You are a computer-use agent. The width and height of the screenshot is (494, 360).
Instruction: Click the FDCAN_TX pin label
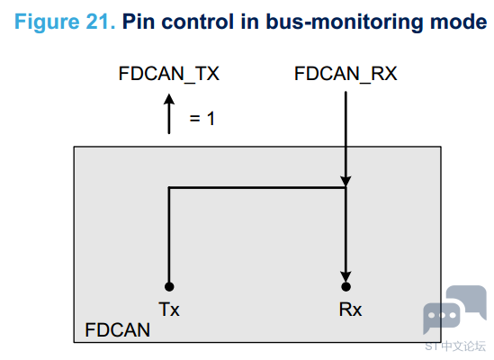click(168, 74)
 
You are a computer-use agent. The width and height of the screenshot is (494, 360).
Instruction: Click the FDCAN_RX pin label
click(346, 74)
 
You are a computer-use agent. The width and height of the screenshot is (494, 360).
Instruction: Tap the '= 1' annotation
click(202, 119)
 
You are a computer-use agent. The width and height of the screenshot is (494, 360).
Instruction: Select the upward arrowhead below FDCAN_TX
click(169, 99)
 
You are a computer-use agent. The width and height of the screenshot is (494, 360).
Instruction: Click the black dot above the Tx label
click(169, 286)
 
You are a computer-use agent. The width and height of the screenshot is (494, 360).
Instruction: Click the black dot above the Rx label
click(346, 286)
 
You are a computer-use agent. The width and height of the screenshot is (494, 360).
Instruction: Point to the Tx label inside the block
click(169, 310)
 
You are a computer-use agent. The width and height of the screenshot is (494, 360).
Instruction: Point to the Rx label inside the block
click(350, 310)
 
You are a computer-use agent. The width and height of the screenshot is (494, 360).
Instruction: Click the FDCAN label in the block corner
click(118, 330)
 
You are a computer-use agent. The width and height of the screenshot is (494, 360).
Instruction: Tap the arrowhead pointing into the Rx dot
click(346, 276)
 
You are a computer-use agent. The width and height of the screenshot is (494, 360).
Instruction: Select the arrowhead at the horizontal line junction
click(346, 182)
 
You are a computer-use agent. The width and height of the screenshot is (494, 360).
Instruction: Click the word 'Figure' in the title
click(47, 22)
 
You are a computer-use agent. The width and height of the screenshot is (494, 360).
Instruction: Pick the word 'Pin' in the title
click(139, 22)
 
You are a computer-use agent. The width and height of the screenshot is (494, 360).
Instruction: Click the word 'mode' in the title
click(458, 22)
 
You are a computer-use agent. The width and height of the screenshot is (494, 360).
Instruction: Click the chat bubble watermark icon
click(454, 309)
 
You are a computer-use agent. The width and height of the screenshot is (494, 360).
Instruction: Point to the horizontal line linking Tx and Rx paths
click(257, 188)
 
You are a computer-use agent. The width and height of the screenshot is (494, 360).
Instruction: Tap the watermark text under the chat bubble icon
click(455, 346)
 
